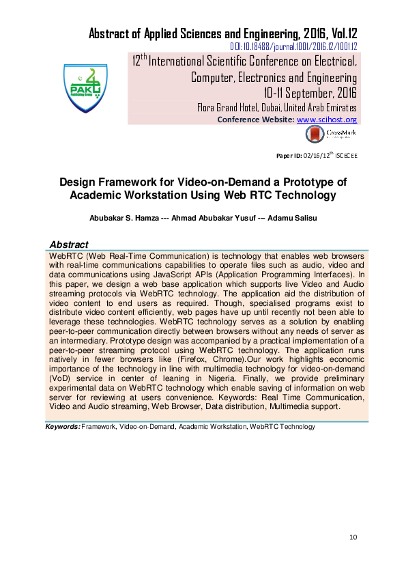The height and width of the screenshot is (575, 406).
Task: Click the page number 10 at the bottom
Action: click(x=353, y=537)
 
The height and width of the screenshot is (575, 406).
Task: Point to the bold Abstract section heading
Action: click(x=69, y=244)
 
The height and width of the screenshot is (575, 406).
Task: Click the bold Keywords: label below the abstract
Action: click(x=62, y=427)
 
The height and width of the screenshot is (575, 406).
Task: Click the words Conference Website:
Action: click(x=256, y=120)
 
